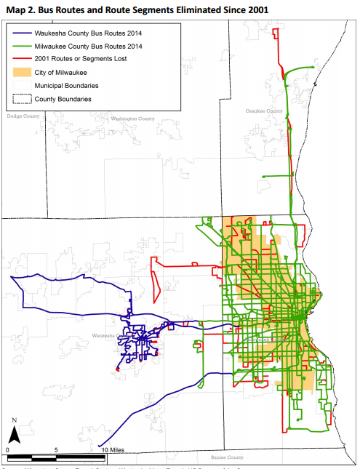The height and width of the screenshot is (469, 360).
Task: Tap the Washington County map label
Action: (x=134, y=119)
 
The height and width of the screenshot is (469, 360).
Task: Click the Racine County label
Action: (x=228, y=458)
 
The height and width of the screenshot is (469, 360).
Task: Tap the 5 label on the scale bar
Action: (x=56, y=450)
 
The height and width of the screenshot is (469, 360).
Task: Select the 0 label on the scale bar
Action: (x=7, y=450)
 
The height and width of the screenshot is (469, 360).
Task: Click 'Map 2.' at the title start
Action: (x=17, y=9)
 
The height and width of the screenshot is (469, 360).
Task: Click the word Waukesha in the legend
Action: (x=60, y=32)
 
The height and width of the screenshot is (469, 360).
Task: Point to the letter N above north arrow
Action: (x=15, y=420)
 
